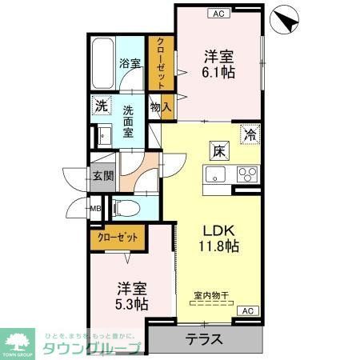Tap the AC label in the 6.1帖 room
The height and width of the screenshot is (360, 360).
click(x=218, y=14)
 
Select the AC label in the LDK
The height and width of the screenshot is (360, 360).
click(x=247, y=310)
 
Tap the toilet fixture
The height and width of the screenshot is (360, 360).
click(x=125, y=208)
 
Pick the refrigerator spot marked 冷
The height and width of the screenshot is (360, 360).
click(x=250, y=134)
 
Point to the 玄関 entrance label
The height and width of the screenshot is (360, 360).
click(x=102, y=177)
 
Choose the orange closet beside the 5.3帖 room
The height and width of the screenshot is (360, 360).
click(x=118, y=237)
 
